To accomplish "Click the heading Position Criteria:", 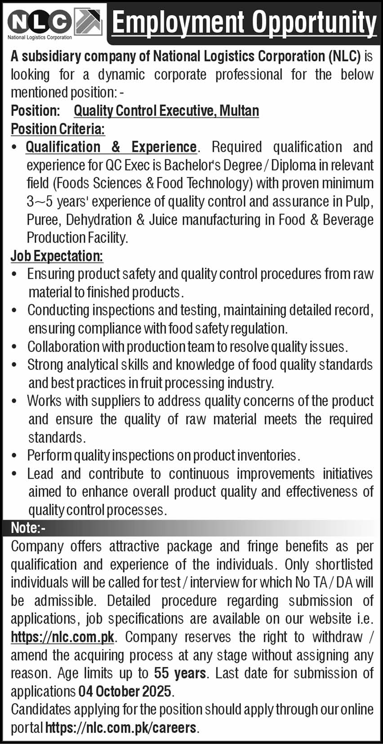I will pyautogui.click(x=58, y=129).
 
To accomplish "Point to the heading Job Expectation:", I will pyautogui.click(x=57, y=256).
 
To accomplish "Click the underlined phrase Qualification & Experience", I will pyautogui.click(x=111, y=147).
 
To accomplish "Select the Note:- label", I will pyautogui.click(x=28, y=528).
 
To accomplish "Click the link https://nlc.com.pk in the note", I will pyautogui.click(x=62, y=637).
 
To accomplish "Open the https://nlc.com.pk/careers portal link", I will pyautogui.click(x=121, y=728).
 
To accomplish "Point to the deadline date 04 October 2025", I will pyautogui.click(x=125, y=691).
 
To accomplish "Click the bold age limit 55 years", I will pyautogui.click(x=180, y=673).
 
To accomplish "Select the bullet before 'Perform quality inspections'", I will pyautogui.click(x=15, y=456).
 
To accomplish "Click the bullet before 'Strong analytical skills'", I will pyautogui.click(x=15, y=365).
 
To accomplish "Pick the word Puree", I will pyautogui.click(x=43, y=220).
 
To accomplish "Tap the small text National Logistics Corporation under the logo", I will pyautogui.click(x=40, y=38).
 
